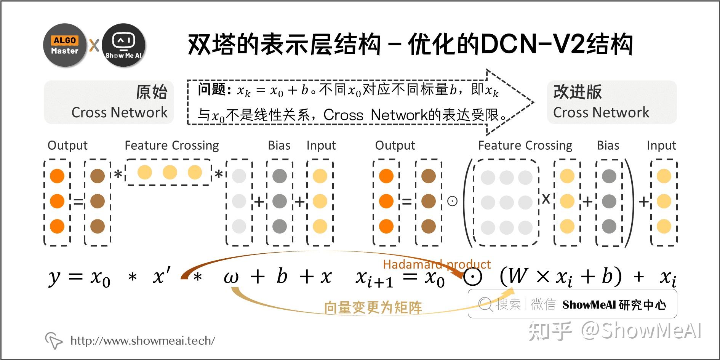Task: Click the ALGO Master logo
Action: click(65, 45)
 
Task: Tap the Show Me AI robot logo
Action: click(123, 45)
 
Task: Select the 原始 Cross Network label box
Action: click(109, 102)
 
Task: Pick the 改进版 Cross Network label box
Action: click(611, 102)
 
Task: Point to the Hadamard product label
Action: click(437, 264)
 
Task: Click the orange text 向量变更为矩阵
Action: click(373, 307)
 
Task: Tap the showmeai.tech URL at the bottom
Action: click(143, 341)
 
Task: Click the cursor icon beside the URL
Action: click(54, 340)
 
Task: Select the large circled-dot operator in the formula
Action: click(472, 277)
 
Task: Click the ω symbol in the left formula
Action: click(231, 277)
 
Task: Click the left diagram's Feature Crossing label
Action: click(171, 145)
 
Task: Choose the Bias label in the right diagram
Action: click(608, 145)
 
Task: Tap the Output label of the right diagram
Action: click(395, 145)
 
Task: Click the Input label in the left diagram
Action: click(321, 145)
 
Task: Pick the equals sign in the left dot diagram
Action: click(78, 201)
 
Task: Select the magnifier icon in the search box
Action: click(485, 304)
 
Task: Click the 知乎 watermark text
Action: click(550, 331)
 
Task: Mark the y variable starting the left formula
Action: click(54, 278)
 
